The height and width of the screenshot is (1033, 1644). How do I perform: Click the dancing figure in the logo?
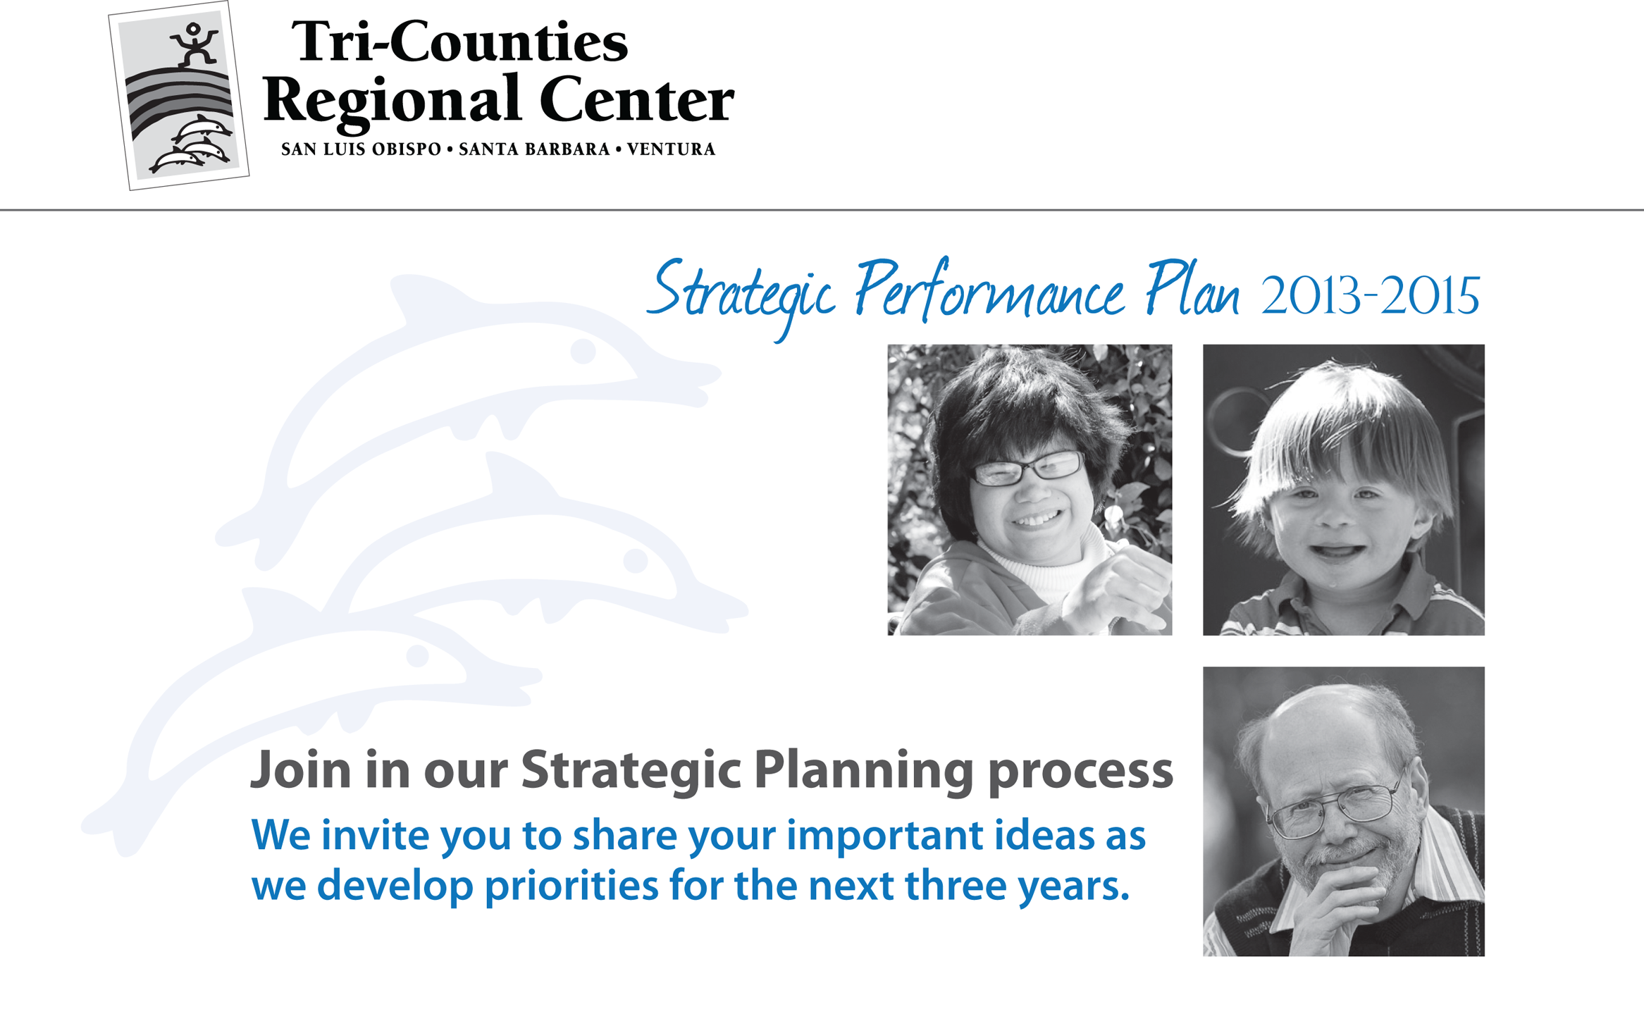tap(194, 44)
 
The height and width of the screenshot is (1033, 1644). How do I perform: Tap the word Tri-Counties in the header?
tap(459, 42)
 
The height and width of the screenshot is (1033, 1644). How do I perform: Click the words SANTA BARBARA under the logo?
tap(534, 149)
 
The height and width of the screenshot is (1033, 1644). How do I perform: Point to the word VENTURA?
tap(671, 149)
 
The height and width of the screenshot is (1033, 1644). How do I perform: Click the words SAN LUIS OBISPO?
tap(361, 149)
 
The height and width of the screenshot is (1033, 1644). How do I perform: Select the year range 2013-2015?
tap(1370, 296)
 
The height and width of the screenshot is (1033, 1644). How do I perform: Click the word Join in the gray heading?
tap(301, 769)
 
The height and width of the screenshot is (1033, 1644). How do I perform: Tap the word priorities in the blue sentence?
tap(571, 888)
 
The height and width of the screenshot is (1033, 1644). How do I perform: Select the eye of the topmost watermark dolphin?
tap(583, 351)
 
